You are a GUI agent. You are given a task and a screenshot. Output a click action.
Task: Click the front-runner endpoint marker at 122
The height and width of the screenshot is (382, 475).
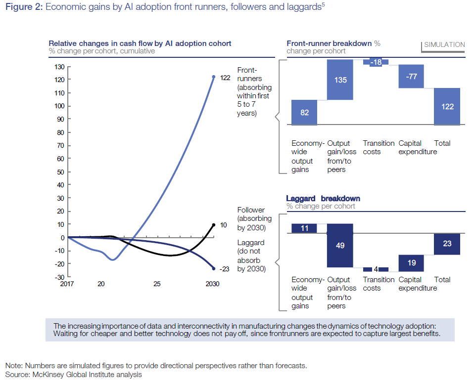pyautogui.click(x=214, y=77)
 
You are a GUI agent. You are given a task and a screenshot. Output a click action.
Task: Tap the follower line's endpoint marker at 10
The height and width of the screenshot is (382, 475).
pyautogui.click(x=214, y=225)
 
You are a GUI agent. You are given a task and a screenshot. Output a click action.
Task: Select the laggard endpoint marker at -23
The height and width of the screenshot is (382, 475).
pyautogui.click(x=214, y=268)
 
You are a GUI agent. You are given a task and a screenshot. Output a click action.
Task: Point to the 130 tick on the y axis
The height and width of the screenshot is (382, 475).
pyautogui.click(x=58, y=66)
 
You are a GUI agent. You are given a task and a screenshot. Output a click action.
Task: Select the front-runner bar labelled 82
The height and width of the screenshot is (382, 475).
pyautogui.click(x=304, y=112)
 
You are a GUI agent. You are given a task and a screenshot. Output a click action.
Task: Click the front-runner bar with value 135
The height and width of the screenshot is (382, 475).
pyautogui.click(x=340, y=80)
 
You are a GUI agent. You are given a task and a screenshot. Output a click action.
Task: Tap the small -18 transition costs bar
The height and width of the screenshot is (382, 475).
pyautogui.click(x=376, y=62)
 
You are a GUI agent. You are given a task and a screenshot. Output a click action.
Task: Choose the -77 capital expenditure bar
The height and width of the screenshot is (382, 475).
pyautogui.click(x=411, y=76)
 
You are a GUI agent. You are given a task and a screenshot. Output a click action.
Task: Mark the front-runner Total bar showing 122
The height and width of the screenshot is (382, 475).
pyautogui.click(x=447, y=106)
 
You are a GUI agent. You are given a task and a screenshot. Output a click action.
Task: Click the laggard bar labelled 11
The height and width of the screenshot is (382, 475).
pyautogui.click(x=304, y=228)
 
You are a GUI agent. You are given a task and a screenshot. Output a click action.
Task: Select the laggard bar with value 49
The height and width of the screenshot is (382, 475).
pyautogui.click(x=340, y=245)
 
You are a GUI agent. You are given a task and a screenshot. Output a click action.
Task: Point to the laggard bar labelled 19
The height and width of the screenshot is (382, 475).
pyautogui.click(x=411, y=263)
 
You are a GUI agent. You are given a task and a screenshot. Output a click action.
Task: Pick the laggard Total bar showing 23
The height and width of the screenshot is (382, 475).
pyautogui.click(x=447, y=244)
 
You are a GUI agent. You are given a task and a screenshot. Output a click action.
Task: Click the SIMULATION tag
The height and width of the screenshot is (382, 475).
pyautogui.click(x=444, y=44)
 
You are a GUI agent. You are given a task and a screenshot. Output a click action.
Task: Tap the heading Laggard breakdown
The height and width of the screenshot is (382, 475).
pyautogui.click(x=323, y=199)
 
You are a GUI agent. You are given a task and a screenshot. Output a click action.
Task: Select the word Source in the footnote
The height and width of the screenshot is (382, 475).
pyautogui.click(x=17, y=375)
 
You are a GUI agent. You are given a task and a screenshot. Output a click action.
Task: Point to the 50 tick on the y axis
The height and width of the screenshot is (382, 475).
pyautogui.click(x=60, y=172)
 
